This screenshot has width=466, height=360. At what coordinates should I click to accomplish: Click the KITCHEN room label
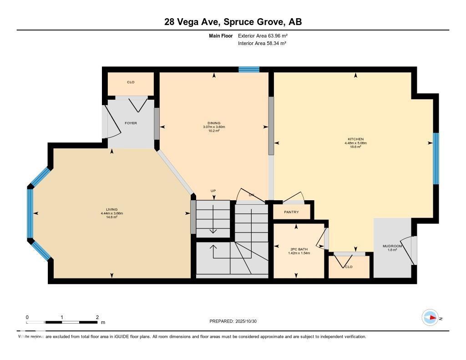coord(355,139)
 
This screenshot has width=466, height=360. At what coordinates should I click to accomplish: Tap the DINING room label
coord(213,123)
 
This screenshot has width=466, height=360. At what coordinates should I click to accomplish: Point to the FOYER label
coord(131,123)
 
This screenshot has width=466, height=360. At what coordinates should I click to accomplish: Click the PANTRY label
coord(291,212)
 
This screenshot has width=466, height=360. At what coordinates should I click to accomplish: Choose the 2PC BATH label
coord(299,249)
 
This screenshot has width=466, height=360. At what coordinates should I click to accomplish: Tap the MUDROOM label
coord(392,246)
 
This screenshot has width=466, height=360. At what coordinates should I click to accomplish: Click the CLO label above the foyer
coord(131,82)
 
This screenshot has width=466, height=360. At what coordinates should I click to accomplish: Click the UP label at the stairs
coord(213,191)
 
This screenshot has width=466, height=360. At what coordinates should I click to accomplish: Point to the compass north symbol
coord(430,318)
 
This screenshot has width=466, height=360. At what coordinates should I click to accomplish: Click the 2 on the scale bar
coord(97,317)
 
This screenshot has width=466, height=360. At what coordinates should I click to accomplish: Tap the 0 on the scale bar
coord(27,317)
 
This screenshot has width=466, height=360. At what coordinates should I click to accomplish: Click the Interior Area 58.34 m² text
coord(262,43)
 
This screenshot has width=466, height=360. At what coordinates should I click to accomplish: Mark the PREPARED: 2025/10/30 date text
coord(233,321)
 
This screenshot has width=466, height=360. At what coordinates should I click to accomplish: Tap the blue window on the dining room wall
coord(249,70)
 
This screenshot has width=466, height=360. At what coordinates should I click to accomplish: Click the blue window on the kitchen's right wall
coord(436,158)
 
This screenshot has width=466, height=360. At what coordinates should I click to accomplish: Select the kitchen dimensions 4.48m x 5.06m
coord(355,143)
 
